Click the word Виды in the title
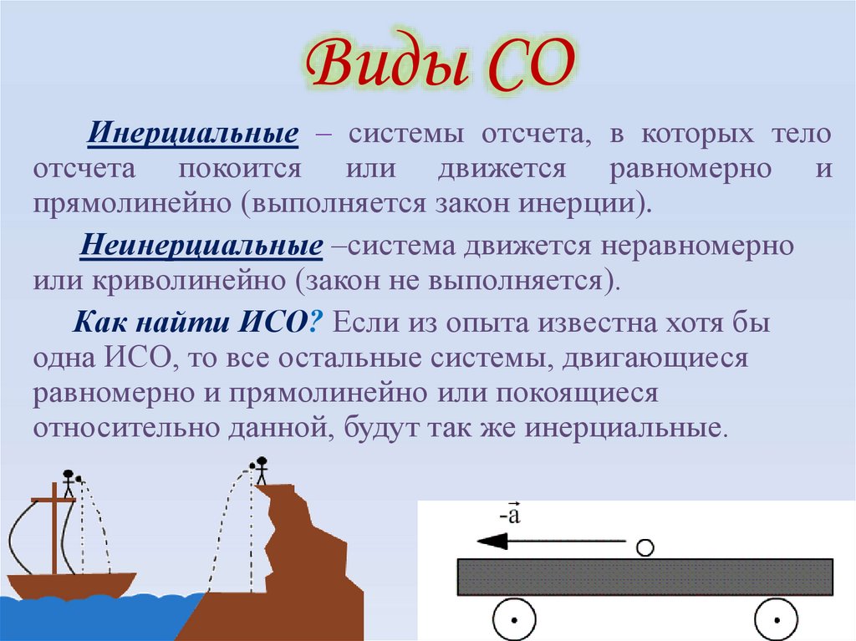pyautogui.click(x=377, y=68)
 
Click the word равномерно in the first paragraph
pyautogui.click(x=690, y=170)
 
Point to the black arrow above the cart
pyautogui.click(x=543, y=542)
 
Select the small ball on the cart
pyautogui.click(x=644, y=548)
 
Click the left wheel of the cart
pyautogui.click(x=512, y=620)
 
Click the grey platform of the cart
pyautogui.click(x=644, y=577)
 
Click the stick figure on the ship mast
pyautogui.click(x=68, y=483)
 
